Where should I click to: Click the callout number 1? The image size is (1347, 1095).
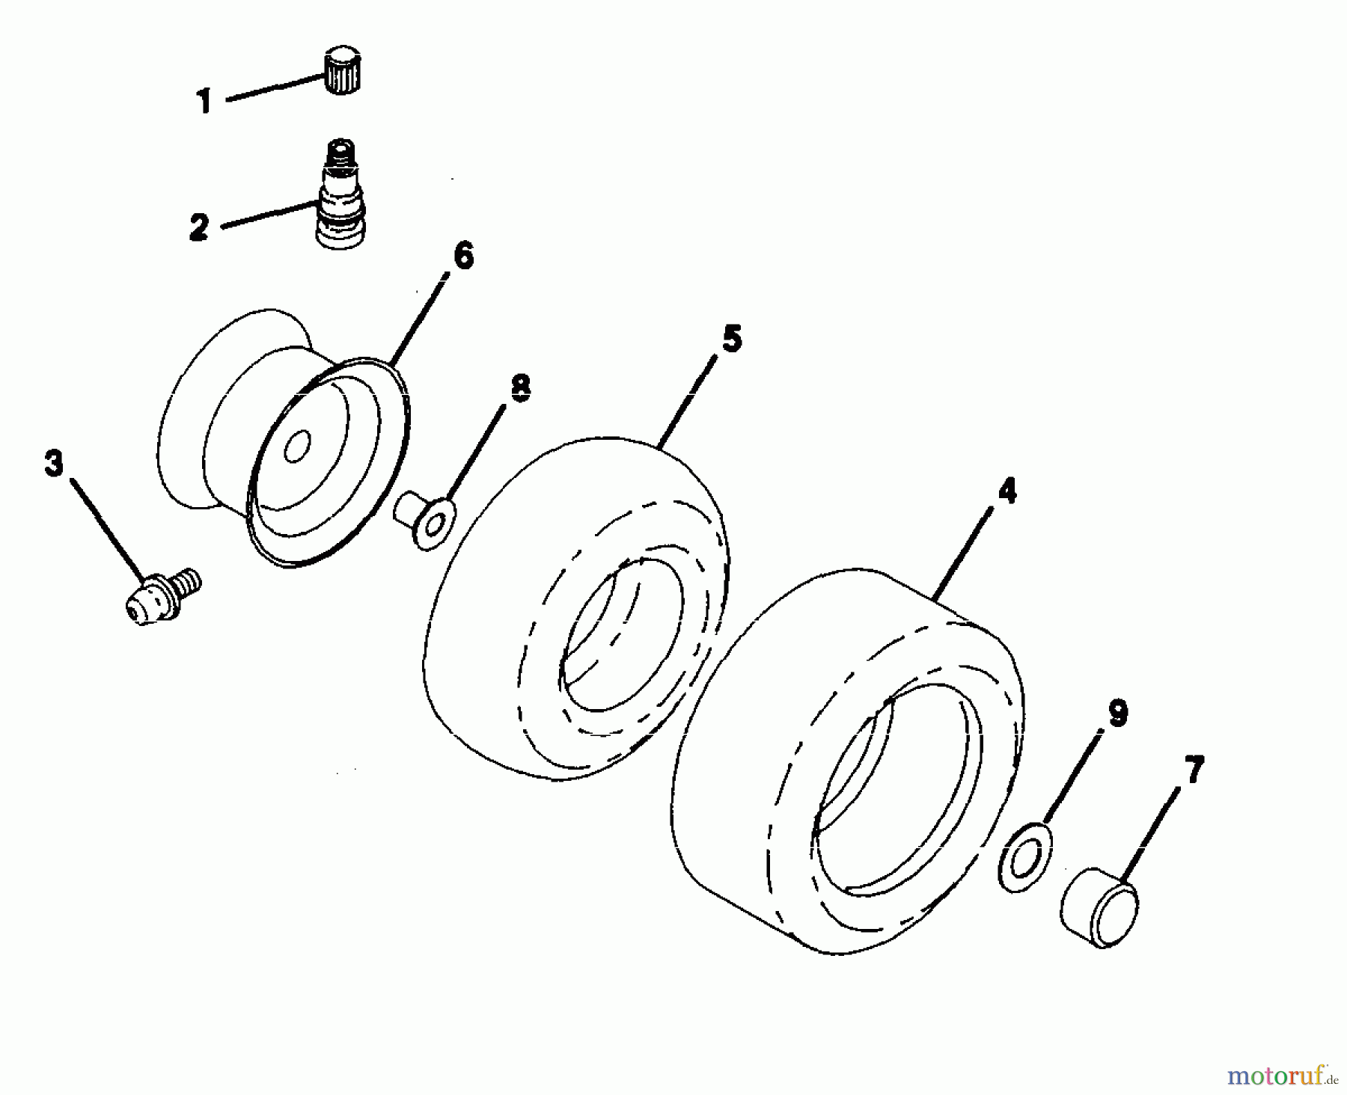click(x=204, y=100)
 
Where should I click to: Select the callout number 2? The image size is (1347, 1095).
click(x=198, y=226)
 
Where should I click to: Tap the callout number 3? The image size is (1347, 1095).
click(x=55, y=464)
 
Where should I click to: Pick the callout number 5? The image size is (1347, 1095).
click(x=732, y=339)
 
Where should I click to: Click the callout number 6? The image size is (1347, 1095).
click(x=463, y=256)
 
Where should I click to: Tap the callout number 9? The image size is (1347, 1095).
click(x=1117, y=713)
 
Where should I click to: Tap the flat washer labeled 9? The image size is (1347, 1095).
click(x=1024, y=856)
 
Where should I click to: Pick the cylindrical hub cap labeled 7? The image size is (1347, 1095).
click(x=1099, y=907)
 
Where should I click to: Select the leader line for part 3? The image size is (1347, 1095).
click(x=109, y=530)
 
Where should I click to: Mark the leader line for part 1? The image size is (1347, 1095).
click(x=275, y=85)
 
